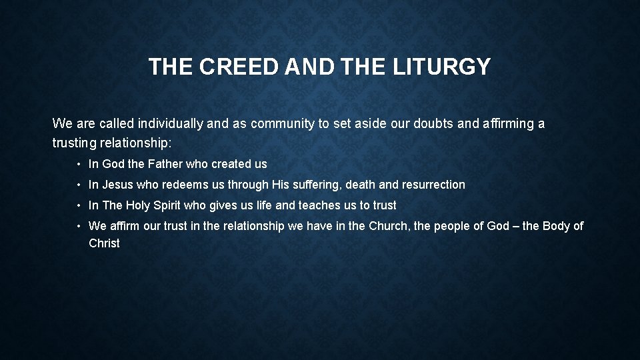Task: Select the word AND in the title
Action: click(306, 67)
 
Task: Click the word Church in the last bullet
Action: click(389, 226)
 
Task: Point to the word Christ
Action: click(105, 243)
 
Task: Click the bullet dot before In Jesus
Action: click(79, 185)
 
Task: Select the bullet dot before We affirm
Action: click(79, 226)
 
